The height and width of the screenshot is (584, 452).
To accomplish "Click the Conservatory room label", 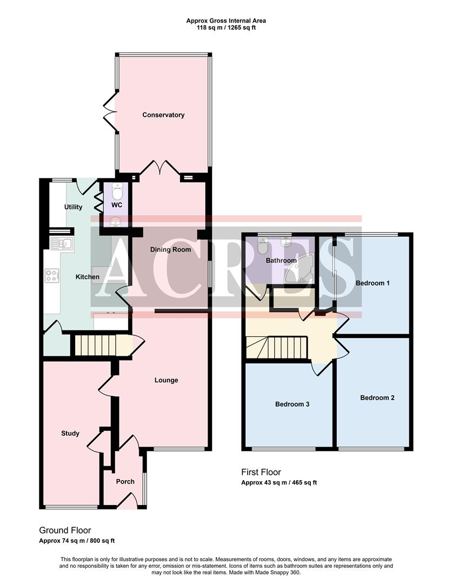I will coord(163,115).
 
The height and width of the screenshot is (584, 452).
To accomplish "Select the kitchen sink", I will coord(62,244).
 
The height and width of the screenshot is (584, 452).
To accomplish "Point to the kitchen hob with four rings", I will coord(52,276).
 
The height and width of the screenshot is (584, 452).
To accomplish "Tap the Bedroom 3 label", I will coord(292,404).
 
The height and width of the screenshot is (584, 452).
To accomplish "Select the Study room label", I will coord(70,433).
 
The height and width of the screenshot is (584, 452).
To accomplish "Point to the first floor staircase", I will coord(277,347).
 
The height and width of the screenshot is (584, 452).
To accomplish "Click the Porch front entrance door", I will coord(127,503).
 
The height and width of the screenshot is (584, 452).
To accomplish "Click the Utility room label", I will coord(73,207).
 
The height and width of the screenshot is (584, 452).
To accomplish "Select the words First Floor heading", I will coord(261,472).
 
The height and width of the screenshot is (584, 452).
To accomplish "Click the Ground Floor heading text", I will coord(65,530).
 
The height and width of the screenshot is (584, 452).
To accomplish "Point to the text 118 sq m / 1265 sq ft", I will coord(226,28).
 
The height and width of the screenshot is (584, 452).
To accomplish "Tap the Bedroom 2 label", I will coord(377,397).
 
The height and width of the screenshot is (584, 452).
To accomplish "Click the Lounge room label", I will coord(167,380).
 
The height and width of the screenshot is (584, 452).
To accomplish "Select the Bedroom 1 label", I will coord(373,283).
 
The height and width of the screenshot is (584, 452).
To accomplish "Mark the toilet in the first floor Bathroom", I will coord(263,246).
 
